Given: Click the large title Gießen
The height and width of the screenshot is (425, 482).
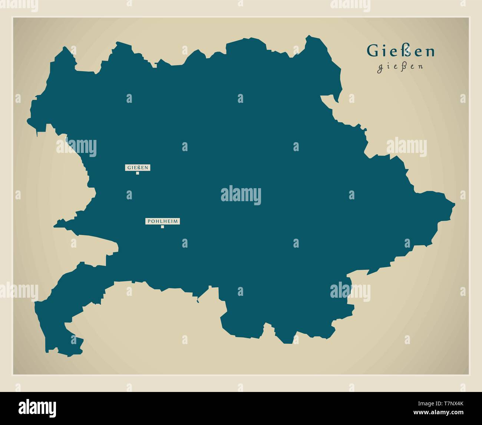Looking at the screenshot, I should (400, 51).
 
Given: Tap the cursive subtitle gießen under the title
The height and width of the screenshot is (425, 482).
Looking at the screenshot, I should (400, 68).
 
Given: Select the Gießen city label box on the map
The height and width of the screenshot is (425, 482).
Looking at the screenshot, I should (138, 167).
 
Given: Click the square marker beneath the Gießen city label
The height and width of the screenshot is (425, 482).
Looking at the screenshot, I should (138, 173).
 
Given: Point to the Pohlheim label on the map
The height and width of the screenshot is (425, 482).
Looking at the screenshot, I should (162, 221).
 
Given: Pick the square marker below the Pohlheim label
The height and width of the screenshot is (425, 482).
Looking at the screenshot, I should (162, 227).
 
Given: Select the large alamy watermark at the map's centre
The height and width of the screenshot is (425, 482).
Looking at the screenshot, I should (241, 196).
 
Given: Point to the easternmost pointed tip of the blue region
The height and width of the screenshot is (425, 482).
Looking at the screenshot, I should (455, 204).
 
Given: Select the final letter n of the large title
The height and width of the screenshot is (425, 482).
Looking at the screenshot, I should (430, 52).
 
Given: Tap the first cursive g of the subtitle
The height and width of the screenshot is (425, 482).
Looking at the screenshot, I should (380, 69).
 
